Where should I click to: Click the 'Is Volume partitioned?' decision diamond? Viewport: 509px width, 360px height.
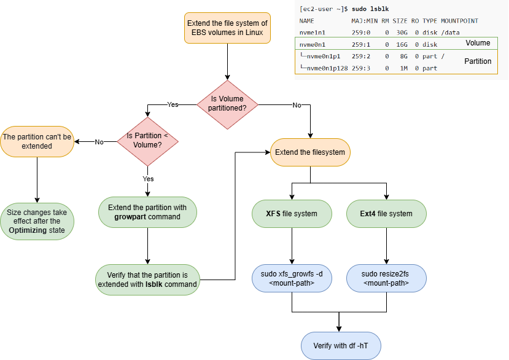tap(228, 104)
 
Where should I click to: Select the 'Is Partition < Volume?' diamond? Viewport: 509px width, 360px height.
tap(147, 141)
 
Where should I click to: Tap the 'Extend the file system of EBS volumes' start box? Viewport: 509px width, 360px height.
tap(228, 28)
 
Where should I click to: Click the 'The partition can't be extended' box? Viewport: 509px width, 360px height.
tap(36, 141)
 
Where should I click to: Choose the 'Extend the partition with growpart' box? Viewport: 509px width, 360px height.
tap(147, 212)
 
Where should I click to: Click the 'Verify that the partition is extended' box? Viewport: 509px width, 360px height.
tap(147, 279)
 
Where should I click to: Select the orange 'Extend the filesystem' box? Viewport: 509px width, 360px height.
tap(310, 152)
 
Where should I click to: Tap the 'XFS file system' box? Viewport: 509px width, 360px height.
tap(292, 214)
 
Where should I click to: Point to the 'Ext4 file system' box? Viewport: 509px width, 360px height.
tap(387, 214)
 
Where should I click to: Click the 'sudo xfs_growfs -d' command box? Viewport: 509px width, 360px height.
tap(292, 278)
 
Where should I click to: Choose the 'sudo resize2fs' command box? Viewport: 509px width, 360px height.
tap(386, 278)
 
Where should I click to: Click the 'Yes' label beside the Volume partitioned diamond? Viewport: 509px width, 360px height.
tap(173, 104)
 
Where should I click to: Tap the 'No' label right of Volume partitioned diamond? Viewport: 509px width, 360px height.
tap(297, 105)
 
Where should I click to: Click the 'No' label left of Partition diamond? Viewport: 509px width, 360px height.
tap(99, 142)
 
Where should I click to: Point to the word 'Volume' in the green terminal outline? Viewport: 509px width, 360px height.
tap(478, 43)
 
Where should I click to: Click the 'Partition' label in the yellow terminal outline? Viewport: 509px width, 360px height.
tap(478, 61)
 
